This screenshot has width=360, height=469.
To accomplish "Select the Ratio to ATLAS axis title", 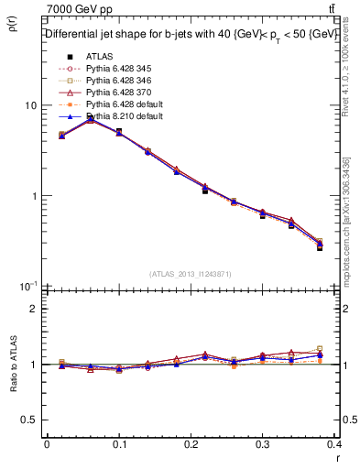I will [x=14, y=364].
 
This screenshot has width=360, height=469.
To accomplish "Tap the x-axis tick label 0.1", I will [x=119, y=444].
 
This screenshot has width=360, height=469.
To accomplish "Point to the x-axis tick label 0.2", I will [x=191, y=444].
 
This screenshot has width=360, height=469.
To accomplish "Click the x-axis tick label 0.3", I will [x=264, y=444].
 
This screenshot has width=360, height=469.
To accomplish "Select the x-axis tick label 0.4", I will [x=335, y=444].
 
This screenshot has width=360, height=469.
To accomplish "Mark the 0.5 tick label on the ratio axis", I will [x=30, y=420].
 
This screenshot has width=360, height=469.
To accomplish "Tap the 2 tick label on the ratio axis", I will [x=34, y=309].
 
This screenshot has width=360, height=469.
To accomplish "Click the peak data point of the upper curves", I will [x=90, y=118].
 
